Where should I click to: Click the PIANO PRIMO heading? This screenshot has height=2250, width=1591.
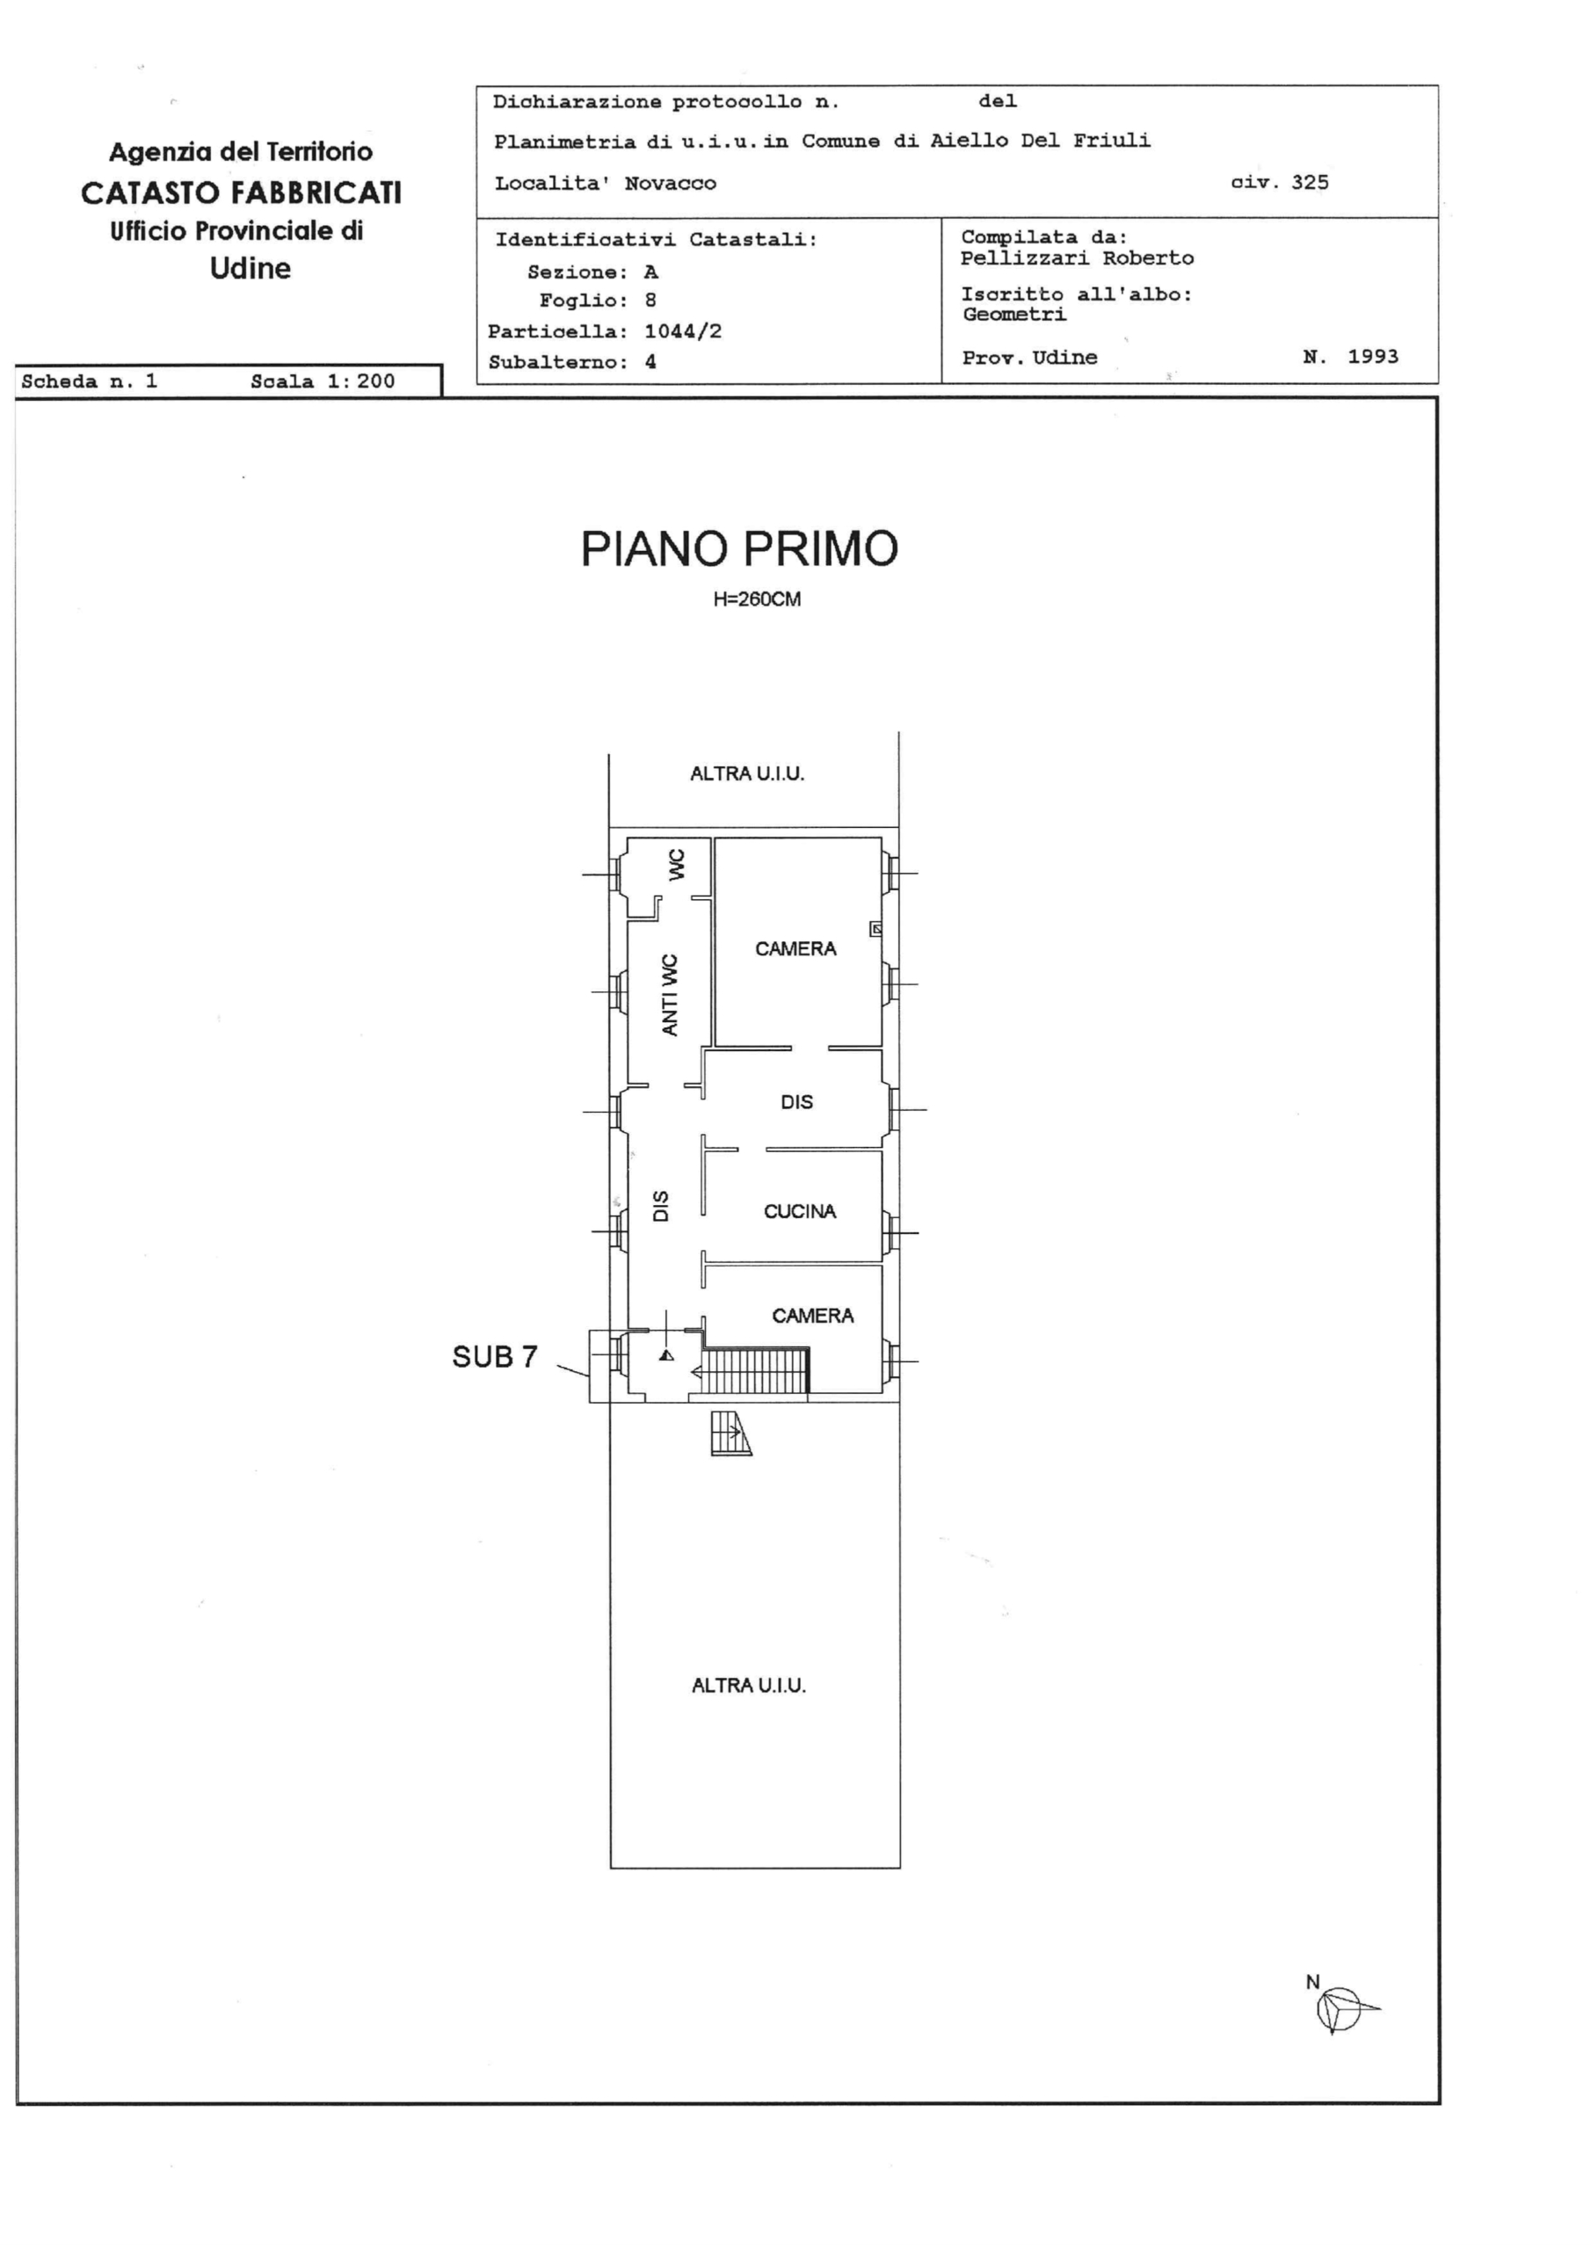coord(739,548)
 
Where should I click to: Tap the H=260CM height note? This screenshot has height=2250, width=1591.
coord(757,599)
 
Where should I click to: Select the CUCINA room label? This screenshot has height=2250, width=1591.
coord(800,1212)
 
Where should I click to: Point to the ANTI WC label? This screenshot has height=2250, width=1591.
coord(670,995)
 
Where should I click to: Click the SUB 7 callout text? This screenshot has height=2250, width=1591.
coord(495,1356)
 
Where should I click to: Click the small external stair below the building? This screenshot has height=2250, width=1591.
coord(731,1433)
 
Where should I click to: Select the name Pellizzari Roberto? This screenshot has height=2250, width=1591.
coord(1078,258)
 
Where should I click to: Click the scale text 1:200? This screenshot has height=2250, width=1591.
coord(360,381)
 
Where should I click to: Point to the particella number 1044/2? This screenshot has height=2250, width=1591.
coord(683,331)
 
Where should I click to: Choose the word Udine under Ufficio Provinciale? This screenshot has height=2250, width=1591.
coord(250,269)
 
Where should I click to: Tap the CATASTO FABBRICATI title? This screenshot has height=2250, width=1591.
coord(241,193)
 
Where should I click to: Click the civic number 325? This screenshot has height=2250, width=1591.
coord(1310,182)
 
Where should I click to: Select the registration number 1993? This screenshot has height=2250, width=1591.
coord(1373,357)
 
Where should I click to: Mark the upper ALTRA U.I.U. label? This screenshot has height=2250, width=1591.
coord(747,774)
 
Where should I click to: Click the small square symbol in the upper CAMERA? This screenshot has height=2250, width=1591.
coord(875,928)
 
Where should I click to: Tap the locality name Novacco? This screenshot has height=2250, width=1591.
coord(671,184)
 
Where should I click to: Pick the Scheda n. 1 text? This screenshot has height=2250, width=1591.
coord(89,381)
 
